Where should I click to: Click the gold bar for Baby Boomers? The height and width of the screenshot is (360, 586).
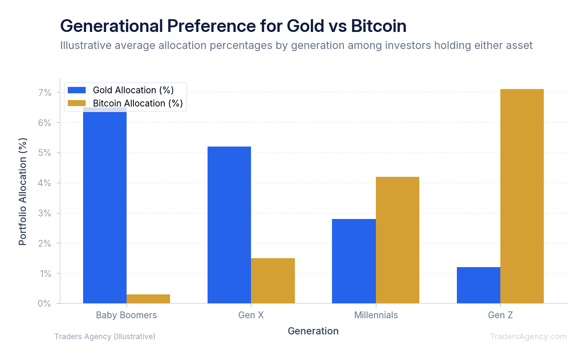[148, 299]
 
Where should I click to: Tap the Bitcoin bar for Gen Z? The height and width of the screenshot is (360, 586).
[522, 196]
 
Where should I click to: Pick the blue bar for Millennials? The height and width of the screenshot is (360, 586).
[354, 261]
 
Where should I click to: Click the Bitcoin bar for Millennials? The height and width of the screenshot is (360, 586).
[397, 240]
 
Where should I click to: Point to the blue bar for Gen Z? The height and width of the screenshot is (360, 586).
[478, 285]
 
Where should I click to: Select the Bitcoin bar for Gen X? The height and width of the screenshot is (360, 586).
[273, 281]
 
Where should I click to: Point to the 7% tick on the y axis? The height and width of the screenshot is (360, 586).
[45, 93]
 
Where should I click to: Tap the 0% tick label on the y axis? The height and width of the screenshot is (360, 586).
[45, 304]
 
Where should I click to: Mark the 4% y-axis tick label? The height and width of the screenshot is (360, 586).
[45, 183]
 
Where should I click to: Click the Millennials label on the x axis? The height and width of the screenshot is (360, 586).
[376, 315]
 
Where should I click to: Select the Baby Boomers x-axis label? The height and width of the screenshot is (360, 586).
[126, 315]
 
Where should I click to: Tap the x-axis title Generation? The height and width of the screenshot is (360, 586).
[313, 331]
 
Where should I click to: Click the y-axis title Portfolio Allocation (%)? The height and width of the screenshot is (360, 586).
[23, 191]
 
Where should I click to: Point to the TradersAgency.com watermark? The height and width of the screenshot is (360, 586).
[528, 337]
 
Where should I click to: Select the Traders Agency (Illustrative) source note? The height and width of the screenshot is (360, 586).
[105, 337]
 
